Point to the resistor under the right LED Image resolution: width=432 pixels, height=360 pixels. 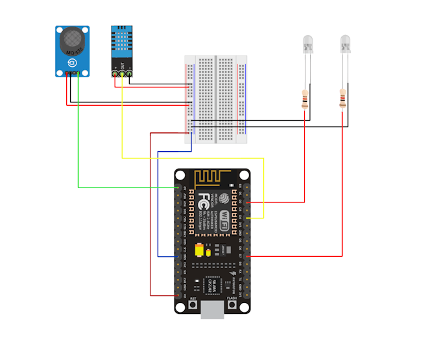[342, 100]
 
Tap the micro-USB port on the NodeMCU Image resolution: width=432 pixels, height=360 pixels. [212, 311]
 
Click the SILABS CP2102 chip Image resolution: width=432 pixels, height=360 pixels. [213, 285]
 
